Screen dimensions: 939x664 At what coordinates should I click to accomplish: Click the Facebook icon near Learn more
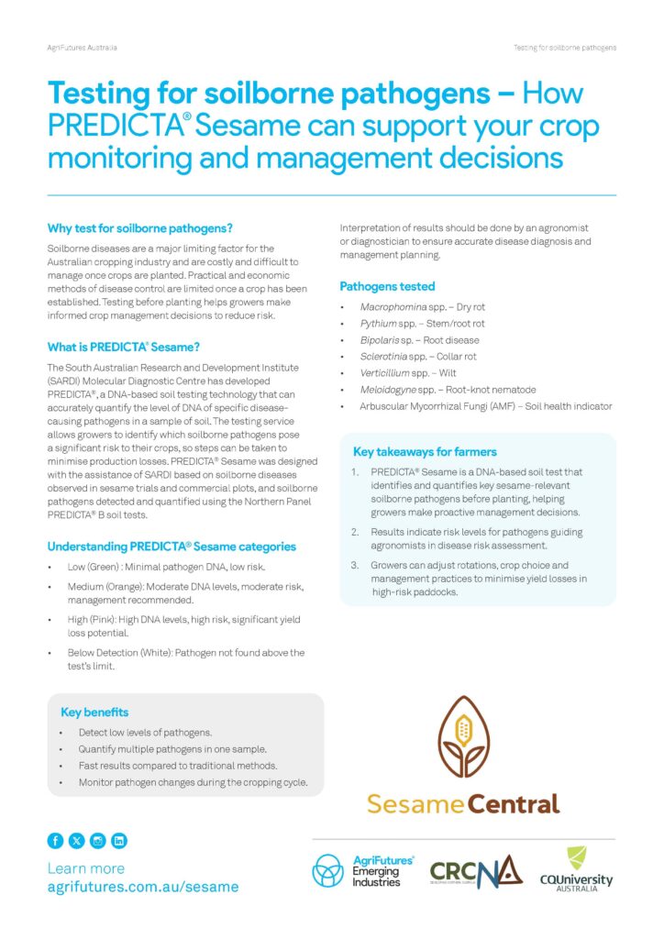(55, 840)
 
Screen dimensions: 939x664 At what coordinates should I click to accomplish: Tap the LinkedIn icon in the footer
(118, 840)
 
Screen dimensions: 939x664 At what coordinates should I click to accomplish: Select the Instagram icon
(97, 840)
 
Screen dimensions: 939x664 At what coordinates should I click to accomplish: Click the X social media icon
(76, 840)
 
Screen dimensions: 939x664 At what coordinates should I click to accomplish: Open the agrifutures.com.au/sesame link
(142, 888)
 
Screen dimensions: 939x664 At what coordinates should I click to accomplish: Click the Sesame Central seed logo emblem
(462, 737)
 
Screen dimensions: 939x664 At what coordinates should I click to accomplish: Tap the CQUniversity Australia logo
(576, 869)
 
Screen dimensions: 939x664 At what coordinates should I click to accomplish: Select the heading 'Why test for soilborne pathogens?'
(139, 227)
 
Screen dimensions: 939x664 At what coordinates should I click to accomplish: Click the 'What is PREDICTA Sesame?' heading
(123, 347)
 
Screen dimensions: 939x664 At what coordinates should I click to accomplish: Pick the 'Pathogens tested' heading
(387, 286)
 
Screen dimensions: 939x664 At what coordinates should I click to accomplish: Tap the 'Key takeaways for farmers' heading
(425, 451)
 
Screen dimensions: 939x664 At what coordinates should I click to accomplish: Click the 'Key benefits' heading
(94, 712)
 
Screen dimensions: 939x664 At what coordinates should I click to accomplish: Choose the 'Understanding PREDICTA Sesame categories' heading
(172, 547)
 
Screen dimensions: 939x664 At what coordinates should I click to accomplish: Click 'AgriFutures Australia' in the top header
(82, 47)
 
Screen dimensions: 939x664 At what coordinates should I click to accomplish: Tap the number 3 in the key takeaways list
(355, 565)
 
